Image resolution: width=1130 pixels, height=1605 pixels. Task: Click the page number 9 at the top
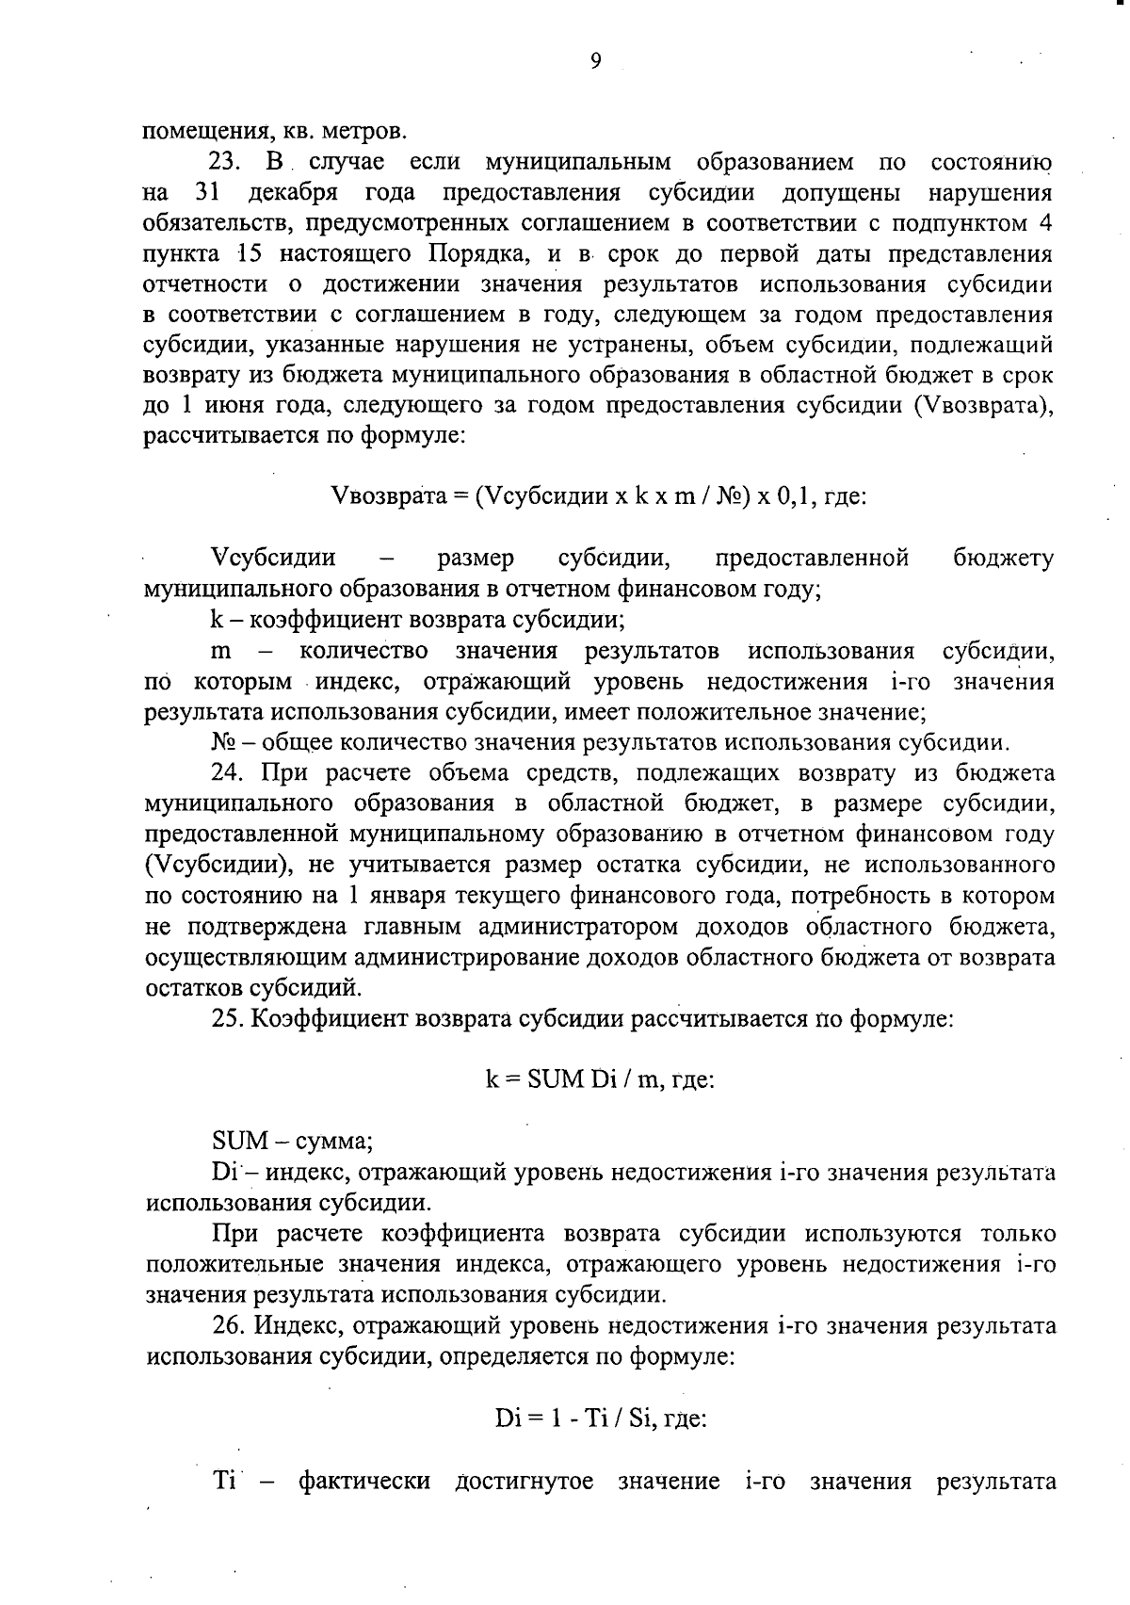tap(595, 62)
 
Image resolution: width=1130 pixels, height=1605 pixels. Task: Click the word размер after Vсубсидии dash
tap(476, 559)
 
